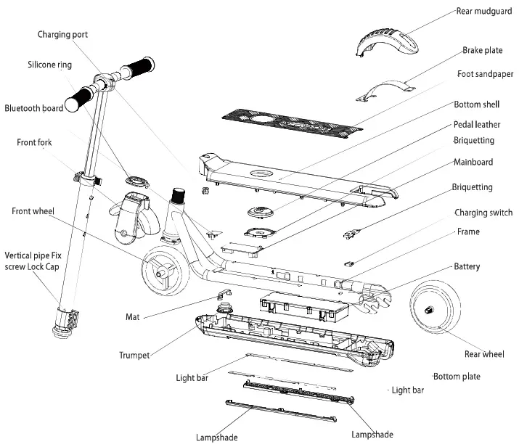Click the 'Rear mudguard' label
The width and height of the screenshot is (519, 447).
pos(484,11)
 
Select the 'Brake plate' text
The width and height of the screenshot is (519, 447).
pos(482,51)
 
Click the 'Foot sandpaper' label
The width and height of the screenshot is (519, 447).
pos(485,74)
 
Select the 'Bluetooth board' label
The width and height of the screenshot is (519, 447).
pos(33,108)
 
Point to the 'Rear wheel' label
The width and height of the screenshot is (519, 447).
pos(483,354)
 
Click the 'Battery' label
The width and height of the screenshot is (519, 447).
pos(467,266)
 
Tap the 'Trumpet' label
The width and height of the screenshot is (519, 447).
pos(134,355)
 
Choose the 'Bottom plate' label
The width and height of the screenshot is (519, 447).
pos(457,377)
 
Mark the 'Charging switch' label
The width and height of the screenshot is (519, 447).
pos(483,213)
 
